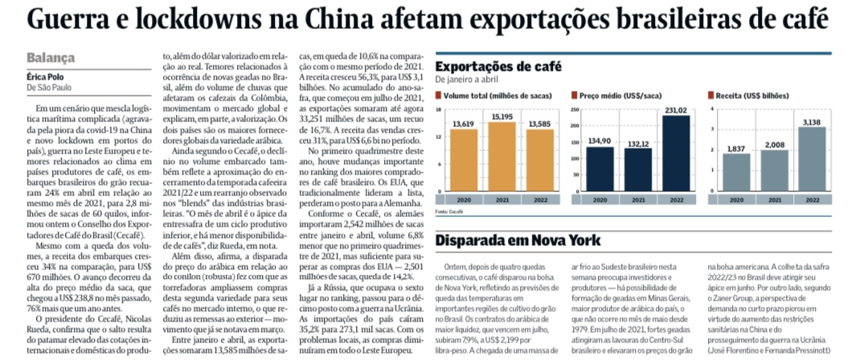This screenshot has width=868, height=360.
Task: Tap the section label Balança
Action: [51, 58]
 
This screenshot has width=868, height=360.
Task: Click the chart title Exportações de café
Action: [499, 67]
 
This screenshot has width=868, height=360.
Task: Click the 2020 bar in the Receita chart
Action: [736, 172]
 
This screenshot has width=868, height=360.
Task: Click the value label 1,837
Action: [736, 148]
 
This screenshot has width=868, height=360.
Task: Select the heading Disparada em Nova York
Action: [518, 241]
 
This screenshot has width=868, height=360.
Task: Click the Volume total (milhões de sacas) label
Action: [497, 96]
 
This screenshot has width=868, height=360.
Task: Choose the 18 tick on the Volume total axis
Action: [439, 109]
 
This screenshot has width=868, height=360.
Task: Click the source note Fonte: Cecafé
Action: [448, 211]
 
